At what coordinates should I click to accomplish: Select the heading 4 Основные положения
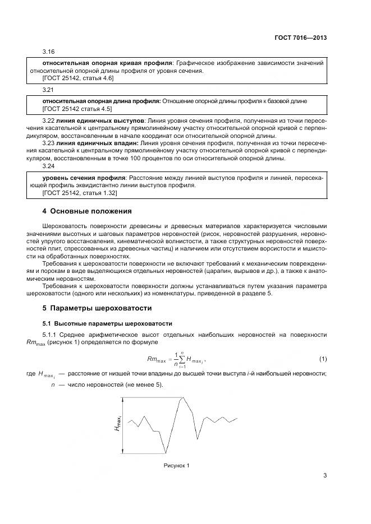[x=87, y=211]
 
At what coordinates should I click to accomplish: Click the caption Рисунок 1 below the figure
[x=176, y=466]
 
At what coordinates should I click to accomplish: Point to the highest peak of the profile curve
[x=181, y=398]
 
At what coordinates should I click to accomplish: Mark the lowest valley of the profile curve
[x=166, y=452]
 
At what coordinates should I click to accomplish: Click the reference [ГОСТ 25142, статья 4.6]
[x=78, y=78]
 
